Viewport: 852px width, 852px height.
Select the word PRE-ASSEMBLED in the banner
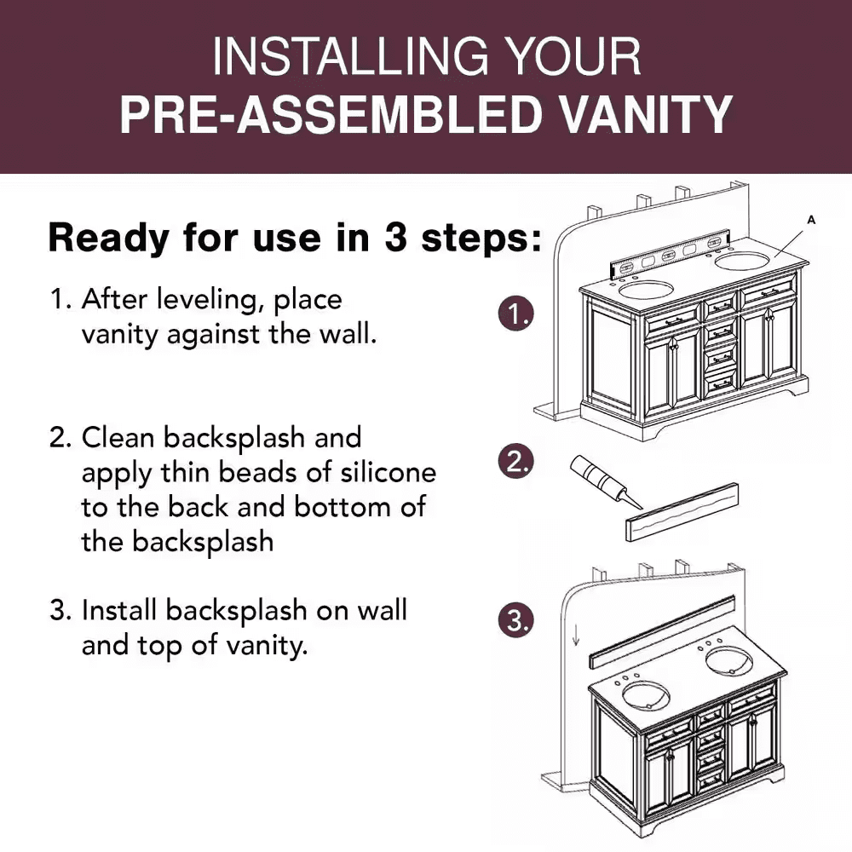[331, 115]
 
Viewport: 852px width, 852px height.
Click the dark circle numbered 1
[515, 314]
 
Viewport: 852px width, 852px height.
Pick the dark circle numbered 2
[515, 462]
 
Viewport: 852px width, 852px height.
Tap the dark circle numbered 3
[515, 620]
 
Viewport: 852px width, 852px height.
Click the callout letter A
[811, 220]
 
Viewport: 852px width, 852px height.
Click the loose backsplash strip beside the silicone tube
[682, 512]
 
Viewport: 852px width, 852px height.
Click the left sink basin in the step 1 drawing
[646, 289]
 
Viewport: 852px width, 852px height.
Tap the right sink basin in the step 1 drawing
[742, 260]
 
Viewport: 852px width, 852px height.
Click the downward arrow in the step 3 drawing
[576, 635]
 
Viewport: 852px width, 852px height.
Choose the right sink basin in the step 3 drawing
[728, 662]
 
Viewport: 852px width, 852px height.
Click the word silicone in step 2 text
[388, 472]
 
